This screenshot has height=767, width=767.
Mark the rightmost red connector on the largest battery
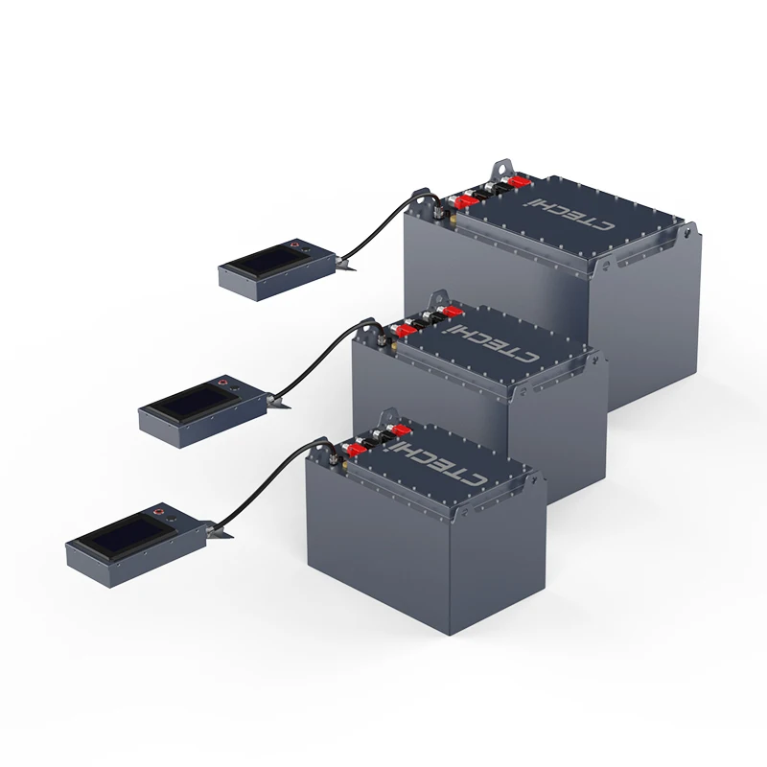click(x=519, y=181)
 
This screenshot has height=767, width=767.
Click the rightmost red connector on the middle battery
click(x=451, y=312)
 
